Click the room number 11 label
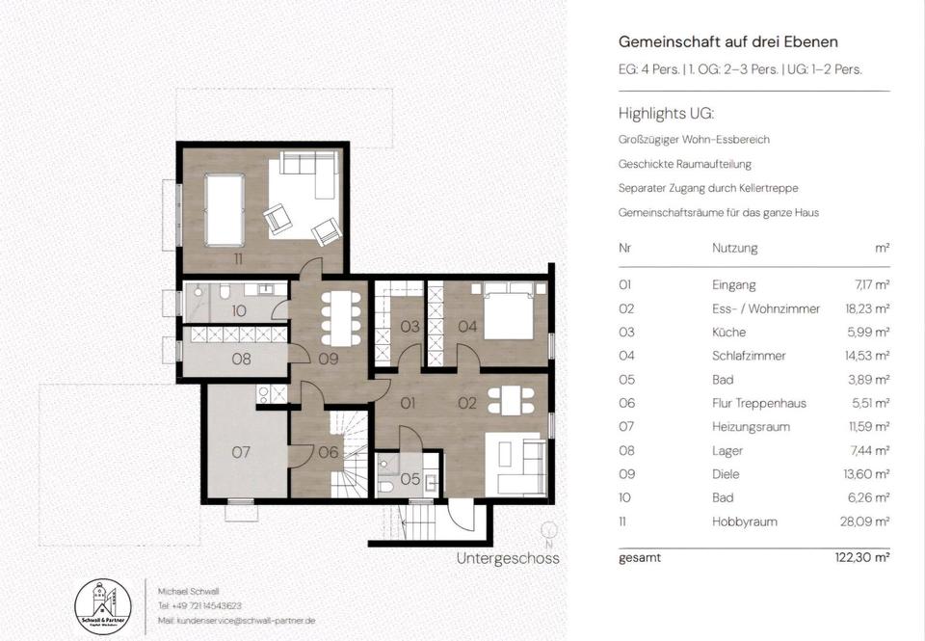[x=238, y=258]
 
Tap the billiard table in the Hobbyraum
[x=225, y=209]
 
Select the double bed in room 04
[x=509, y=311]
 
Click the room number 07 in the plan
[x=241, y=452]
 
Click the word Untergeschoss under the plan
[x=508, y=558]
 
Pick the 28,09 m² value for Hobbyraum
[x=865, y=521]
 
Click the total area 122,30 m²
[x=862, y=557]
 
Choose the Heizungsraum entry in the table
[x=751, y=427]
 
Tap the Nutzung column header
[x=735, y=248]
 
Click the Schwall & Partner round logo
[x=104, y=606]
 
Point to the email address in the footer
[x=237, y=621]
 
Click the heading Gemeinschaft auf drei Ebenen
[x=728, y=41]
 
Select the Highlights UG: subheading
[x=666, y=114]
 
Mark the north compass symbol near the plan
[x=549, y=534]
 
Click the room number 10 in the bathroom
[x=238, y=310]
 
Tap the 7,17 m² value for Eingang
[x=872, y=285]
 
